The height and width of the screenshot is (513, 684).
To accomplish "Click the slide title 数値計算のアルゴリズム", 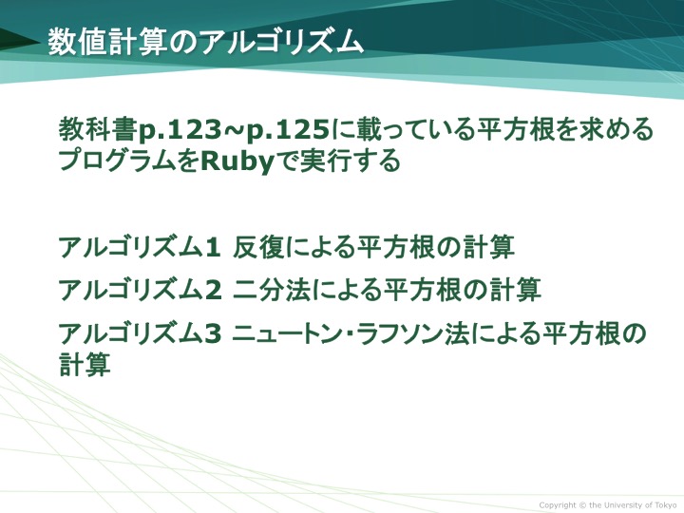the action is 205,43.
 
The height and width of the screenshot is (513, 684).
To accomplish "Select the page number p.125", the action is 288,130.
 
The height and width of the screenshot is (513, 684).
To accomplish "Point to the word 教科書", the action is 98,129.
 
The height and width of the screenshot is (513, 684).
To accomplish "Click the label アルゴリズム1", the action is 140,247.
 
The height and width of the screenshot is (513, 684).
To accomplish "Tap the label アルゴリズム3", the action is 141,333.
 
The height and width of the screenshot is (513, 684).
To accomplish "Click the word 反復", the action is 258,247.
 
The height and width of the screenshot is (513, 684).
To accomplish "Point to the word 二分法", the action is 272,290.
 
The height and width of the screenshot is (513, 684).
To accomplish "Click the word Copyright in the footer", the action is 558,505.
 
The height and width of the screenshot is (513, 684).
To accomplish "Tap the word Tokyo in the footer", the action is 666,504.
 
